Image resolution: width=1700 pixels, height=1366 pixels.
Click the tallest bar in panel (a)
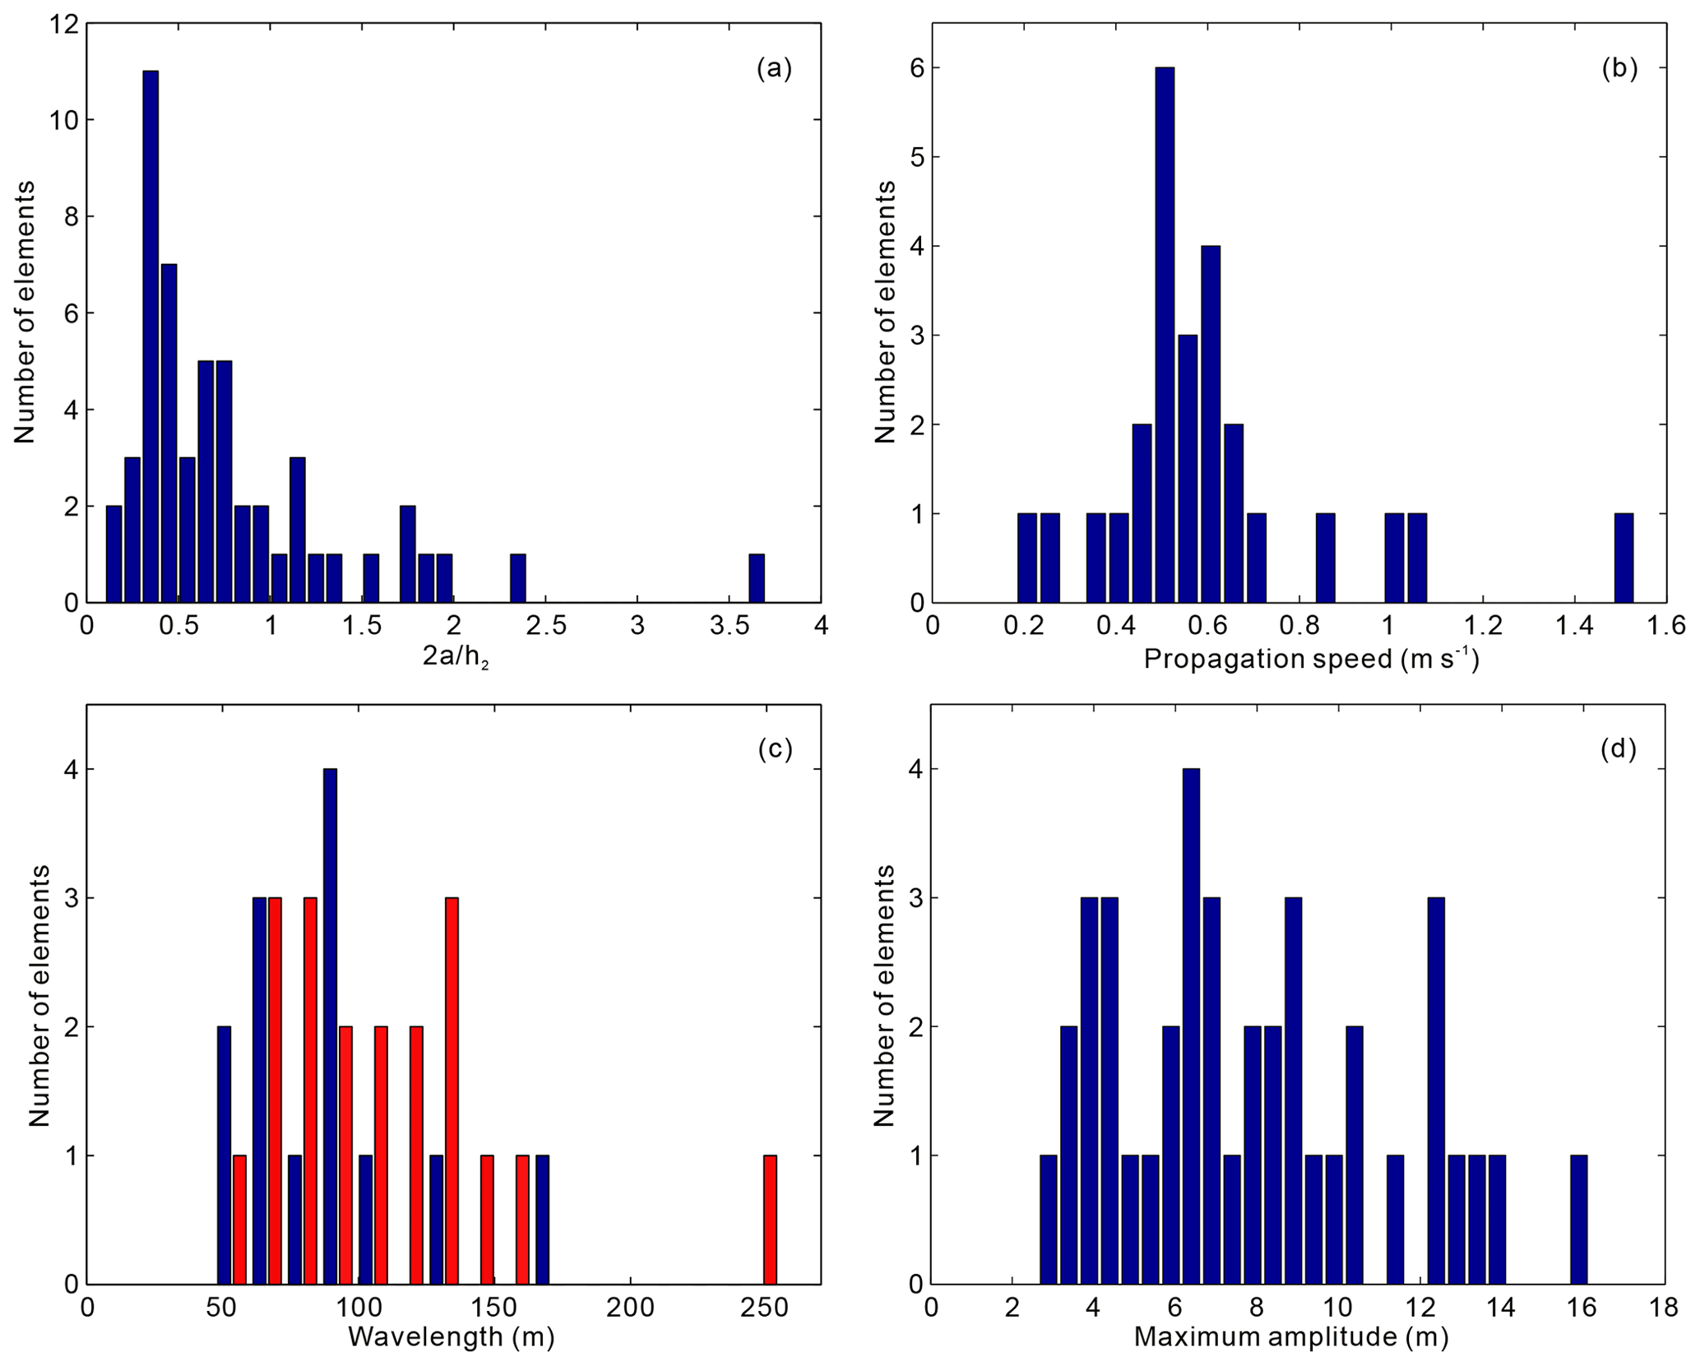click(x=151, y=336)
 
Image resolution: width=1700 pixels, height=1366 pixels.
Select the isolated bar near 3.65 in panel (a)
click(x=757, y=578)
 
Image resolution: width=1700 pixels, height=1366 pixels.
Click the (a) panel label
click(x=774, y=68)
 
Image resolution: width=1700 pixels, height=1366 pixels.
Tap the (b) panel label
click(x=1619, y=68)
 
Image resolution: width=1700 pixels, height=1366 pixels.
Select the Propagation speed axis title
click(x=1311, y=659)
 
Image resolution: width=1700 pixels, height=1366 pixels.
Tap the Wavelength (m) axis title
click(x=452, y=1336)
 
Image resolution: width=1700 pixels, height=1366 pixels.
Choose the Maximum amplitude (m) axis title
click(x=1290, y=1336)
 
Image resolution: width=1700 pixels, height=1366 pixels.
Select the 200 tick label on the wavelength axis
click(x=630, y=1308)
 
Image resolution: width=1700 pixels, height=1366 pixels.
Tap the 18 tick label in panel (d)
click(x=1664, y=1308)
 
